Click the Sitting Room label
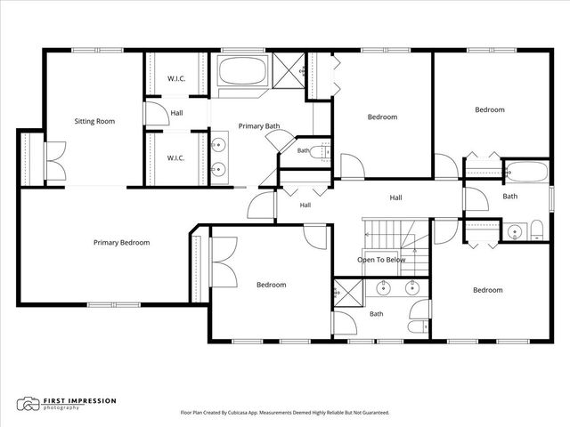[x=94, y=121]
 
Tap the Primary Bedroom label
[x=121, y=243]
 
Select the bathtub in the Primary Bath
[x=243, y=71]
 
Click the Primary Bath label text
[x=259, y=126]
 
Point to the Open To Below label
[x=381, y=260]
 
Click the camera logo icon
[x=28, y=404]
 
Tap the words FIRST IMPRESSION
[x=79, y=401]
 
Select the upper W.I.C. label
[x=176, y=78]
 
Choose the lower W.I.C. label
[x=176, y=158]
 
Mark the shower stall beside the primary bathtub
[x=289, y=71]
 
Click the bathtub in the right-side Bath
[x=526, y=172]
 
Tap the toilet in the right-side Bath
[x=536, y=230]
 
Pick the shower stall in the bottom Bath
[x=348, y=294]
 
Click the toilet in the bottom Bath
[x=419, y=326]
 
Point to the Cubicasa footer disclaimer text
[x=285, y=413]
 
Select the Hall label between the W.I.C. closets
[x=176, y=113]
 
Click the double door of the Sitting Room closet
[x=55, y=161]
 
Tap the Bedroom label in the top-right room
[x=490, y=109]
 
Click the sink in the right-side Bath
[x=515, y=231]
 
